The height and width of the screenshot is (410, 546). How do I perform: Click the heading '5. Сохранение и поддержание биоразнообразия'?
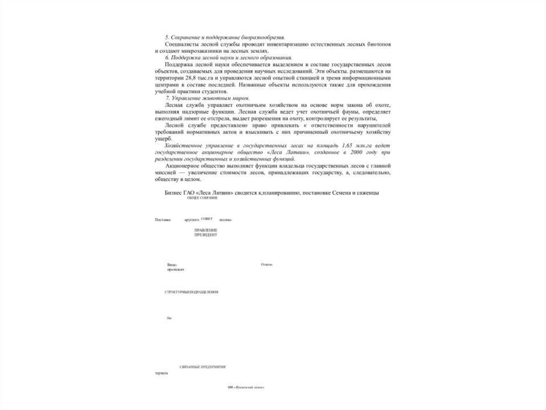tap(224, 37)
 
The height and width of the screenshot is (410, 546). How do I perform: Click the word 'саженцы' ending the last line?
tap(367, 192)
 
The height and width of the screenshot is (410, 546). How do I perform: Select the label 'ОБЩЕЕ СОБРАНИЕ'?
tap(202, 198)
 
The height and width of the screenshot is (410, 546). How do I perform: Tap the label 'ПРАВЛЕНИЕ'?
tap(206, 230)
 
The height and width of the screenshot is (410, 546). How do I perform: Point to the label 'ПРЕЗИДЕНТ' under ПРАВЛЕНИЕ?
tap(206, 235)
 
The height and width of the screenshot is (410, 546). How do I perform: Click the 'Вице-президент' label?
tap(175, 267)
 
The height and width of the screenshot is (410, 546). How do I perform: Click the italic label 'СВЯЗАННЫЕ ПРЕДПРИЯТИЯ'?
tap(203, 367)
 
